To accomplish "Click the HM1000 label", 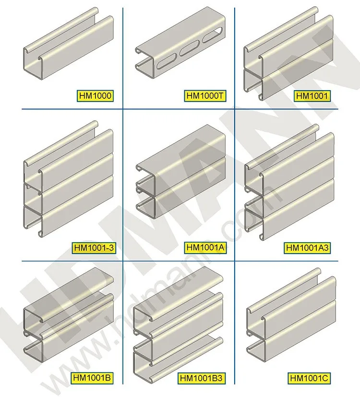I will tap(95, 96).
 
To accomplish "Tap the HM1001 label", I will tap(312, 96).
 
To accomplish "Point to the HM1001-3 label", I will tap(95, 248).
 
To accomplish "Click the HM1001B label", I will tap(95, 377).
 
